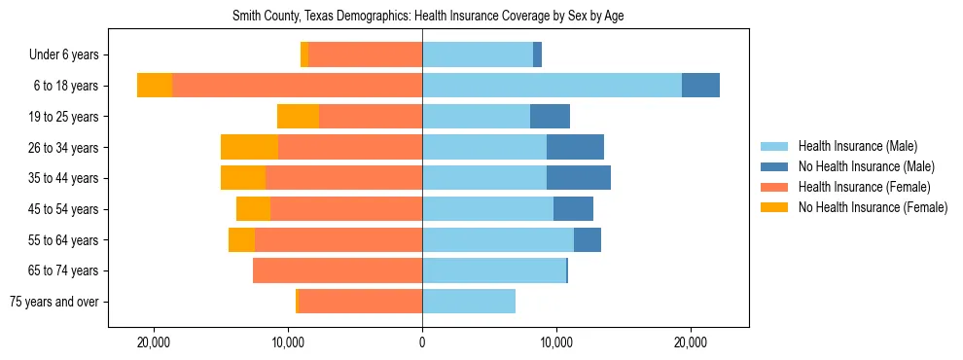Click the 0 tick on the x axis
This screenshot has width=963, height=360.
click(422, 343)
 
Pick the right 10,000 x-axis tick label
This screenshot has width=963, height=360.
click(556, 343)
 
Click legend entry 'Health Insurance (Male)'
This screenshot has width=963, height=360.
click(857, 146)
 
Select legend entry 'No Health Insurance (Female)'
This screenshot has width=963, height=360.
click(873, 207)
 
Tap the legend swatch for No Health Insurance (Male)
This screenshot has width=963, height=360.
click(775, 166)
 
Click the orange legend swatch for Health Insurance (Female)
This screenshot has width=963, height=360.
click(775, 187)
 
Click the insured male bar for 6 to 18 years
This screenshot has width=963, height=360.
click(552, 86)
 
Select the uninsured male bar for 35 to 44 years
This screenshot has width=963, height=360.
click(579, 178)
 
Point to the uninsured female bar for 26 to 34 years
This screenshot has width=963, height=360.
click(249, 147)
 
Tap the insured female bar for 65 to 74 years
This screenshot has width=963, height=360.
click(338, 270)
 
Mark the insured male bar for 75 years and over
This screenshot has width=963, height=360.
click(469, 302)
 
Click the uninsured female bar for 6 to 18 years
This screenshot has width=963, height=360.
click(155, 86)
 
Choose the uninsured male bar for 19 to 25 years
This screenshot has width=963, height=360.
click(550, 117)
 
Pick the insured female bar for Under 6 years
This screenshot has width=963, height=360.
click(365, 55)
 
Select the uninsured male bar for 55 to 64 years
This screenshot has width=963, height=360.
click(588, 239)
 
